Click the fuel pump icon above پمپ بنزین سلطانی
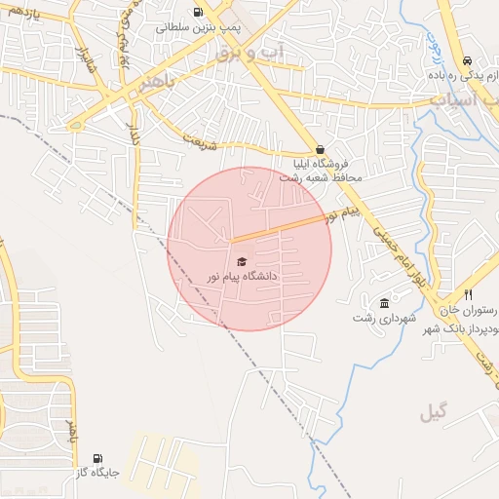pos(199,13)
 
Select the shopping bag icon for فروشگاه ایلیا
pos(321,149)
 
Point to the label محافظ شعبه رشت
pos(321,178)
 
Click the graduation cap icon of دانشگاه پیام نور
pos(241,261)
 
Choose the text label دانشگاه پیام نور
pos(241,277)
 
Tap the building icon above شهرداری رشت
pos(385,303)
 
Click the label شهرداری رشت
pos(385,319)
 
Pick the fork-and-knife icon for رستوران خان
pos(469,294)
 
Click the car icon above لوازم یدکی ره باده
pos(469,59)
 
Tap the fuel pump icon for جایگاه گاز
pos(96,458)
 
